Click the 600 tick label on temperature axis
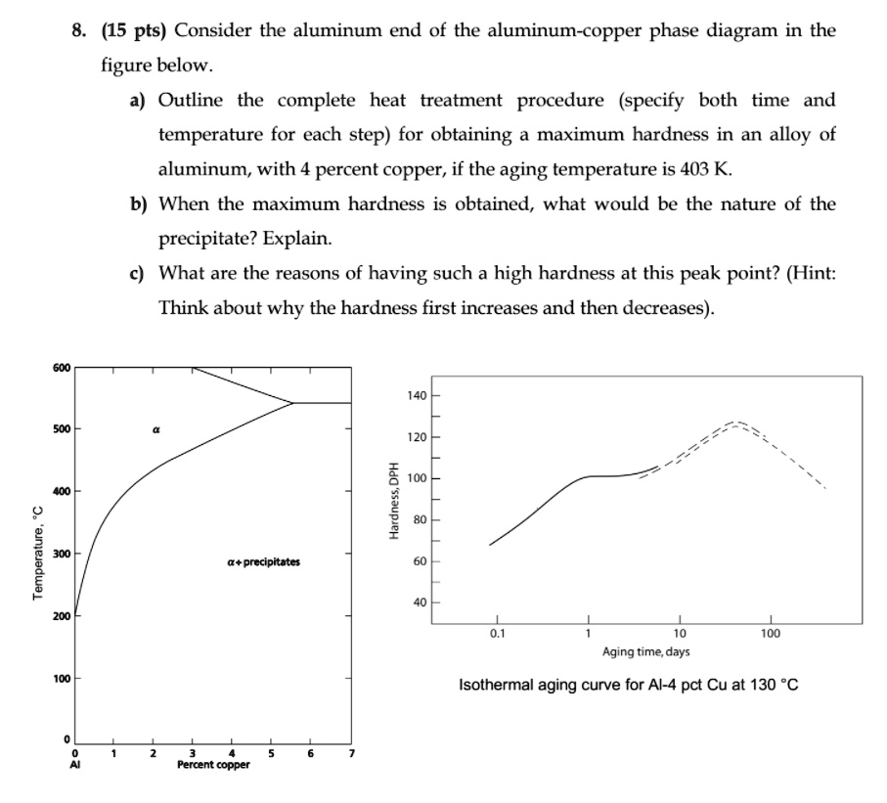(61, 368)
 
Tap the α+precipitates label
(263, 562)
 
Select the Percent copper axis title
(213, 764)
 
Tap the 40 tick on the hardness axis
(421, 602)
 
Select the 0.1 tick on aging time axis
(496, 634)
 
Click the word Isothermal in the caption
(499, 685)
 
